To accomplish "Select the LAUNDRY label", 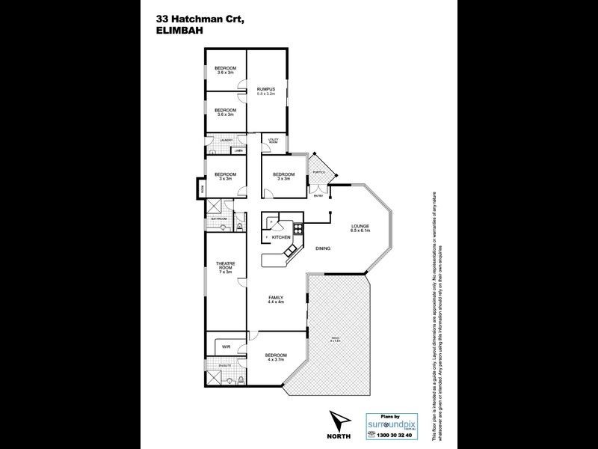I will tap(225, 140).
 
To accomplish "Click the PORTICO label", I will tap(318, 172).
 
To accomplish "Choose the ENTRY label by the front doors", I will tap(319, 196).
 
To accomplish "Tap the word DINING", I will tap(323, 248).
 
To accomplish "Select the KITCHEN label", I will tap(280, 237).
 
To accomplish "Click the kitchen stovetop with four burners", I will tap(298, 228).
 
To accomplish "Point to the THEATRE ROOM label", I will tap(226, 267).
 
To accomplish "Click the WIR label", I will tap(226, 347).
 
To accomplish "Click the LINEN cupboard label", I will tap(238, 150).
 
